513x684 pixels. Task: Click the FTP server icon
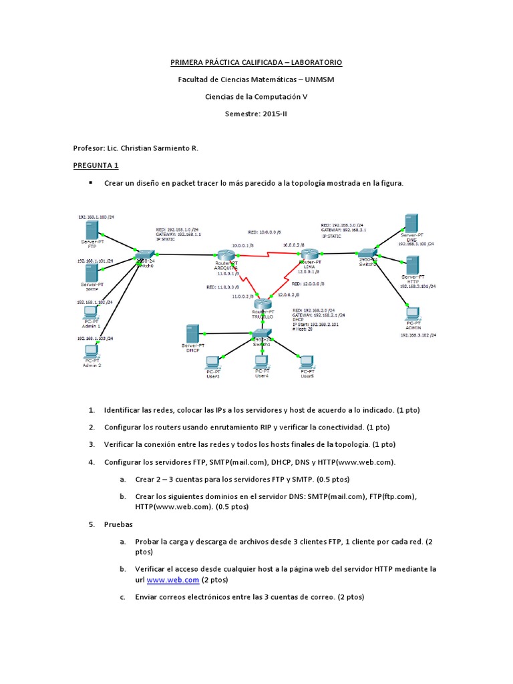[x=91, y=230]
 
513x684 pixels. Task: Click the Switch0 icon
[x=144, y=256]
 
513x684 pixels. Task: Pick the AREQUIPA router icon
[x=223, y=254]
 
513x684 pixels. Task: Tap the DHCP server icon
[x=192, y=333]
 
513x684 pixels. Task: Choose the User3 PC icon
[x=212, y=363]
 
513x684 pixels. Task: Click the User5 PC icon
[x=307, y=363]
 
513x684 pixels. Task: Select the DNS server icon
[x=411, y=223]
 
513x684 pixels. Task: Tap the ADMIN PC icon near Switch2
[x=412, y=313]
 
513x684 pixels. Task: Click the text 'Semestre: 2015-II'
[x=256, y=114]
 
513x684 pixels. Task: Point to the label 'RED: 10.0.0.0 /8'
[x=261, y=233]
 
